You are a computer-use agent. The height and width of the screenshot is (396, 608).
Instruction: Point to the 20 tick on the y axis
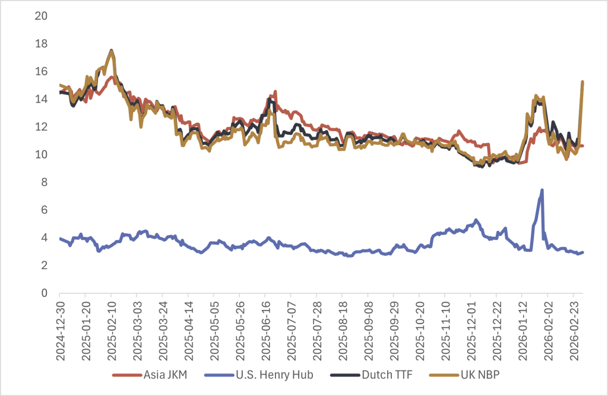click(41, 16)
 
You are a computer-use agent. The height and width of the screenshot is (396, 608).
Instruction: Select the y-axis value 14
click(41, 99)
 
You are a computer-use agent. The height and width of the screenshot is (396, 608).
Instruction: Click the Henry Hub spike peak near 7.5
click(542, 190)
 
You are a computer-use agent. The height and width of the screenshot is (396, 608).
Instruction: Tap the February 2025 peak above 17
click(111, 50)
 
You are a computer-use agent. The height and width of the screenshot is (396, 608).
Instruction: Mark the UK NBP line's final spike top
click(582, 82)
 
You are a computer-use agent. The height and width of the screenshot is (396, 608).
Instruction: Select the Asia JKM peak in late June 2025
click(275, 91)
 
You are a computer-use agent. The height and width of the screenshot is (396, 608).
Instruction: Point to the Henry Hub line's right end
click(582, 252)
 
